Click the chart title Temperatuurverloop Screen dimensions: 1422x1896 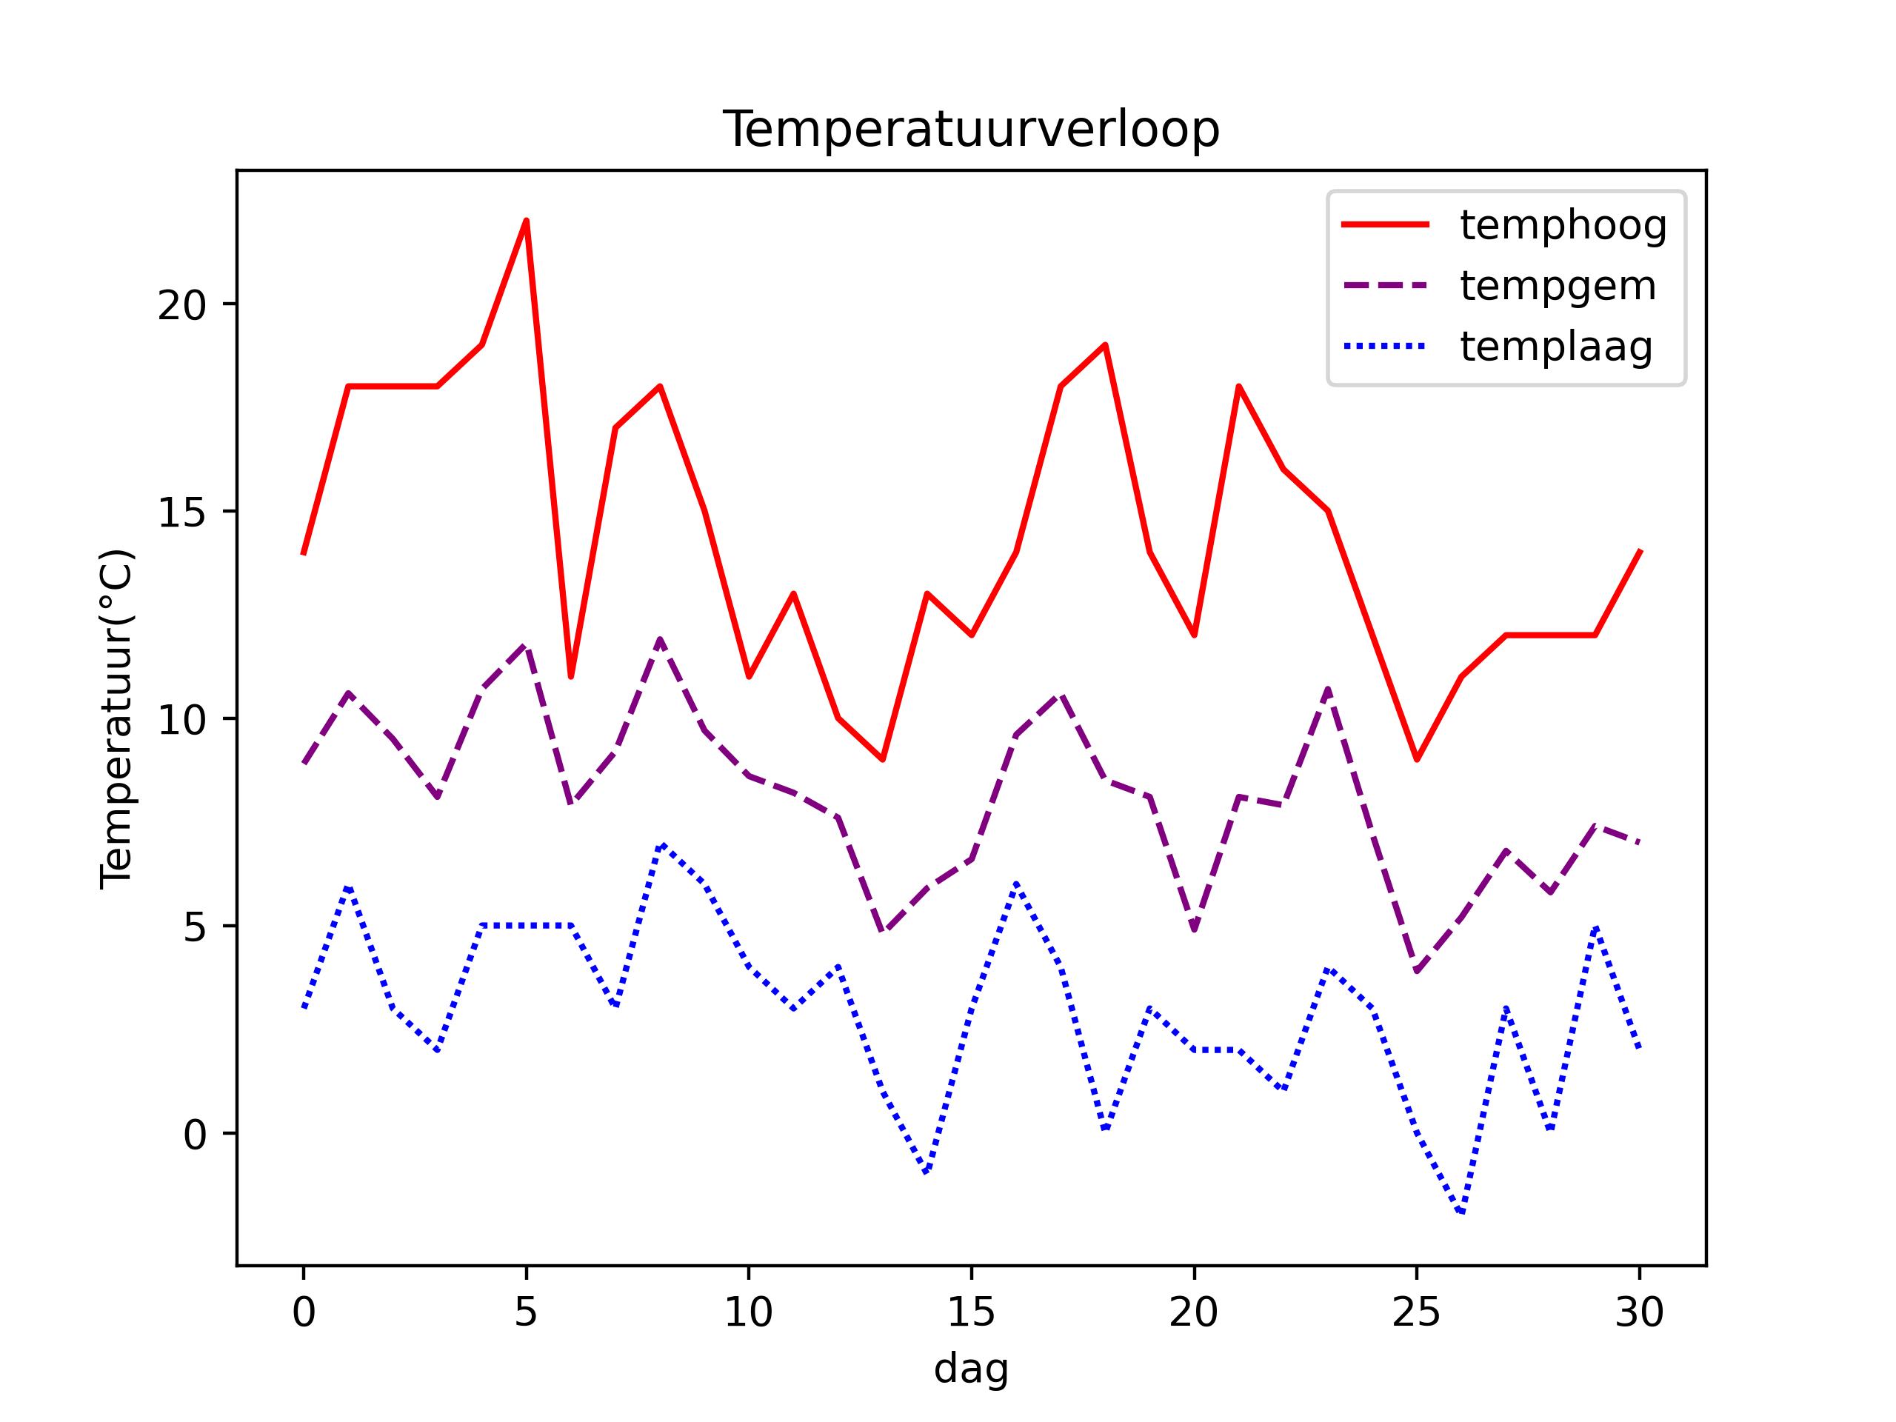click(970, 130)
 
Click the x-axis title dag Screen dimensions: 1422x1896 click(970, 1368)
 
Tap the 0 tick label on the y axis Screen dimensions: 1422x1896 click(195, 1135)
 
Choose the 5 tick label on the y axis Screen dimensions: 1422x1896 click(195, 927)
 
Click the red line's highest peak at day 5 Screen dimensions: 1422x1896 click(527, 221)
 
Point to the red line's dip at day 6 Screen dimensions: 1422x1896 click(571, 676)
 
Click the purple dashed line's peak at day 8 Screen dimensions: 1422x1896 click(660, 639)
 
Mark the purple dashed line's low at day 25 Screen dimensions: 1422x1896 click(1416, 971)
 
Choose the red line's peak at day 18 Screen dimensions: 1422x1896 click(1105, 344)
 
